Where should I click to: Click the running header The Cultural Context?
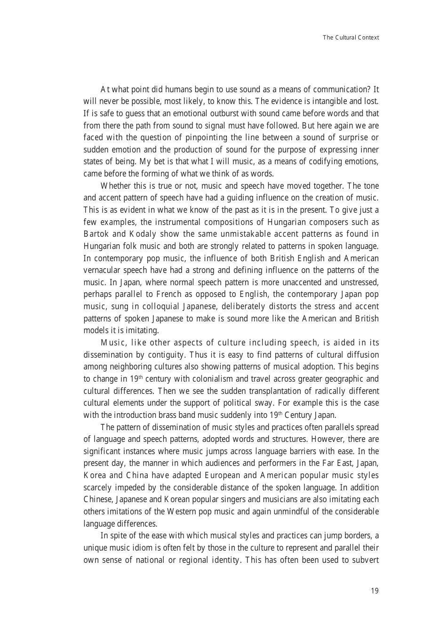[351, 38]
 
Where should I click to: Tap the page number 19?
[375, 591]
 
